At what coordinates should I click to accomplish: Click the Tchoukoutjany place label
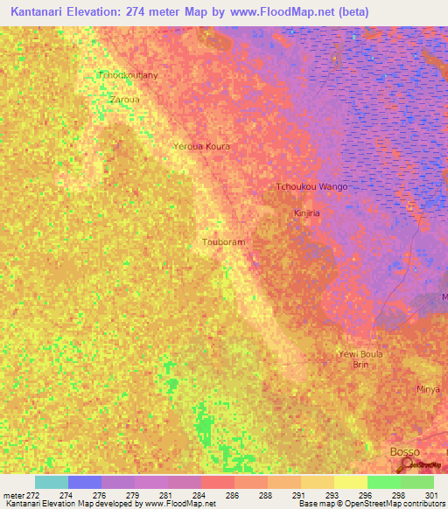coord(129,76)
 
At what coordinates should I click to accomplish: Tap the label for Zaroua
coord(123,100)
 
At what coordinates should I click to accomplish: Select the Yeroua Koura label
coord(201,146)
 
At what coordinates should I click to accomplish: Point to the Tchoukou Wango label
coord(311,187)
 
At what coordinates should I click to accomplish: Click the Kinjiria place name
coord(309,213)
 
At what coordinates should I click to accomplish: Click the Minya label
coord(428,388)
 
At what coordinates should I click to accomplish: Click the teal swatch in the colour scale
coord(51,482)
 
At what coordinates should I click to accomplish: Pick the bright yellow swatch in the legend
coord(350,482)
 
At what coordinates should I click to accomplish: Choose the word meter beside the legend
coord(15,494)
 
